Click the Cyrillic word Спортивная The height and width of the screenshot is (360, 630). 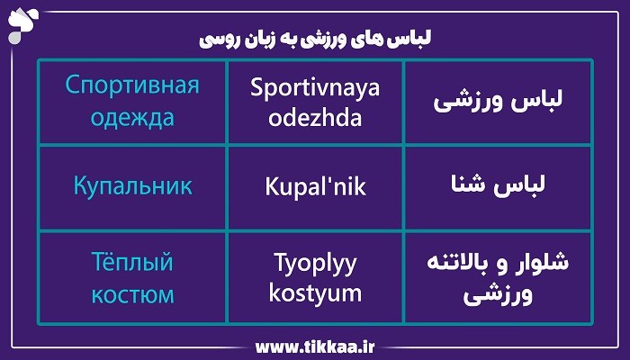[x=132, y=86]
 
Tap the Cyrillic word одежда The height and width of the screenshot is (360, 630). [x=132, y=119]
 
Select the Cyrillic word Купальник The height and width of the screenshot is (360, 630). [x=132, y=187]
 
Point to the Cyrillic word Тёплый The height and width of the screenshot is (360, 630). [x=132, y=263]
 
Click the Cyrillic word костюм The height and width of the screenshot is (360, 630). [x=132, y=293]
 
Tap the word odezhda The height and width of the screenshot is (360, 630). [x=315, y=119]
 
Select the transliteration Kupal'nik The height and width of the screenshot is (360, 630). [x=315, y=187]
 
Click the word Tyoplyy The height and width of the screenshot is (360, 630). [x=315, y=263]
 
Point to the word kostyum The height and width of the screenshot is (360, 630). [x=315, y=293]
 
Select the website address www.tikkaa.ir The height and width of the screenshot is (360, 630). [x=314, y=346]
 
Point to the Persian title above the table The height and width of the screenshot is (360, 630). [x=314, y=40]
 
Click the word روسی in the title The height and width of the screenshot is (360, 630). [x=217, y=40]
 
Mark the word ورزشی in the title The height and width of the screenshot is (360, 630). [x=336, y=40]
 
